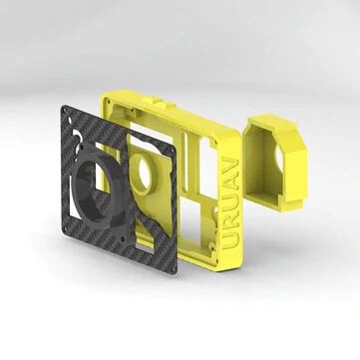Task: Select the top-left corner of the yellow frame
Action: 106,93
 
